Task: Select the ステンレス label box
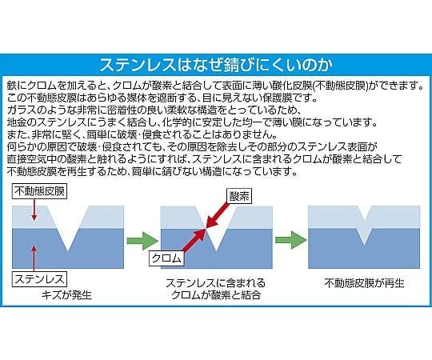click(x=34, y=277)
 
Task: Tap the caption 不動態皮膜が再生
click(x=364, y=283)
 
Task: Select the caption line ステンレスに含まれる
click(x=215, y=283)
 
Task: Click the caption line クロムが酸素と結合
click(x=215, y=295)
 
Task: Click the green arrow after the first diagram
click(x=143, y=238)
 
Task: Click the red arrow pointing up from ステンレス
click(x=34, y=258)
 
